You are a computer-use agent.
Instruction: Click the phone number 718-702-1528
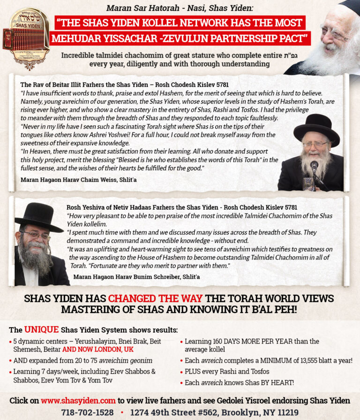click(x=88, y=412)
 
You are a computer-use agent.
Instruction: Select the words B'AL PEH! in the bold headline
click(x=269, y=309)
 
